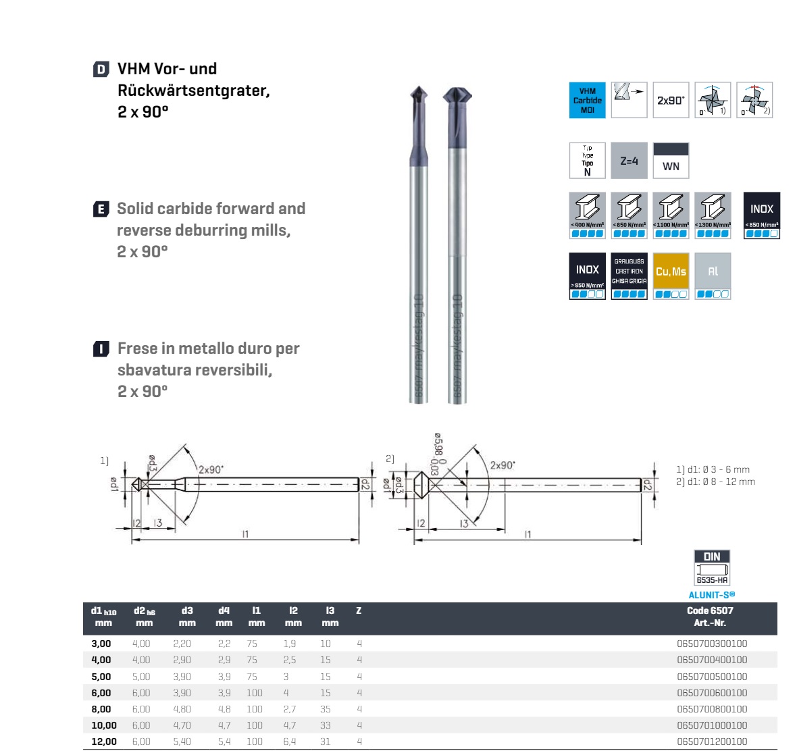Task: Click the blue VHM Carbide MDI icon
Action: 587,100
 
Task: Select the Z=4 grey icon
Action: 629,161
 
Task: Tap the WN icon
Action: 671,161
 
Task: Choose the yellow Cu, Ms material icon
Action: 671,276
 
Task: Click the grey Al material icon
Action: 713,276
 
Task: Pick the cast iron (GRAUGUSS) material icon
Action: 629,276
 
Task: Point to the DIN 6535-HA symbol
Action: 712,567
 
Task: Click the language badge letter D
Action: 101,70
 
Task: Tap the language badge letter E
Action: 101,209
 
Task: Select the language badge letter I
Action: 101,349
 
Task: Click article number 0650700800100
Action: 712,709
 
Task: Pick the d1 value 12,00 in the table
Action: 103,741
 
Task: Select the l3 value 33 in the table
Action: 326,725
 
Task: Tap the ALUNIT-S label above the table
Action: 711,595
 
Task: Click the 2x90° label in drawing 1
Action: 211,469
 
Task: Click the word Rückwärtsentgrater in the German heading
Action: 193,90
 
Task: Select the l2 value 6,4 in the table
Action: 290,741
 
